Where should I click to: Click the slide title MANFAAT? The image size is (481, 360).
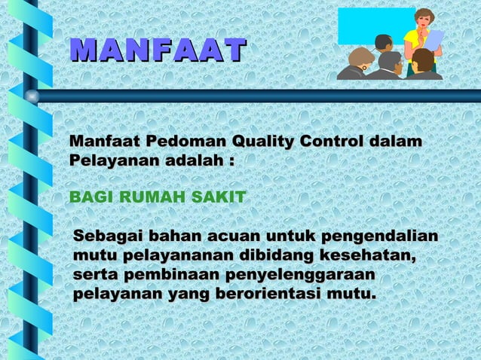pyautogui.click(x=157, y=50)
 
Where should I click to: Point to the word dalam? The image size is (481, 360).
pyautogui.click(x=395, y=142)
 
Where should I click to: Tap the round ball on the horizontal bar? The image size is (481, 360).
pyautogui.click(x=32, y=96)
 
